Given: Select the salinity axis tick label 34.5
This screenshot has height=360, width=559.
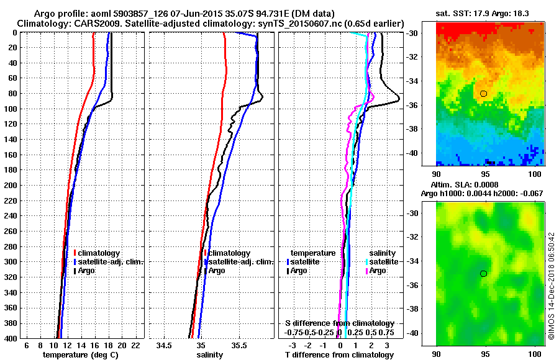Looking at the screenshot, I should point(164,345).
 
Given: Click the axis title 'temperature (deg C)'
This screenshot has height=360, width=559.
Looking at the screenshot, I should point(80,354).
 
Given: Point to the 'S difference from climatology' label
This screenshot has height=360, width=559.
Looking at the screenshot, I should point(340,323).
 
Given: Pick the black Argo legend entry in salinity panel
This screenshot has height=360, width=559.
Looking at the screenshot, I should point(217,271).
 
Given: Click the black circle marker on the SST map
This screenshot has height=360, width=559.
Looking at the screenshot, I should point(484,93).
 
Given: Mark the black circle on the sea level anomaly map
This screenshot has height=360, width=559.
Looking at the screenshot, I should point(484,273).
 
